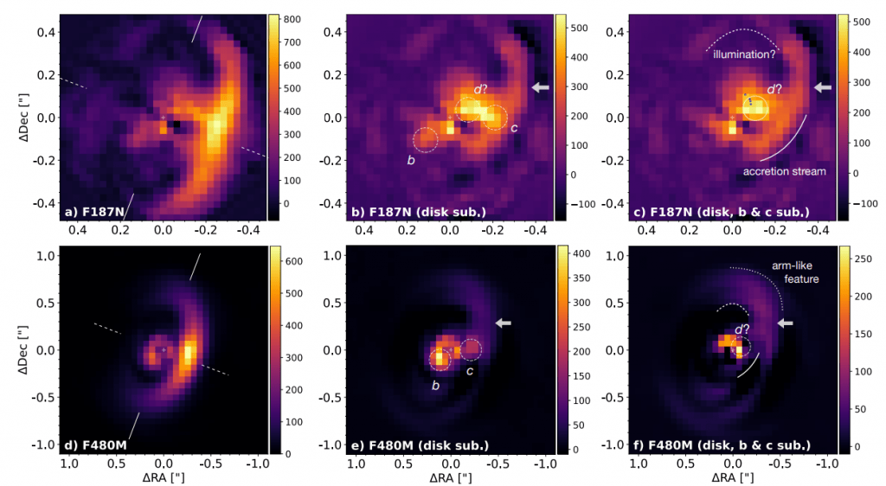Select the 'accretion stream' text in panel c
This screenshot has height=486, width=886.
784,171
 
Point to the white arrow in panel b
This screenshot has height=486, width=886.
540,87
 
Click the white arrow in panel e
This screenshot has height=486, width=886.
503,323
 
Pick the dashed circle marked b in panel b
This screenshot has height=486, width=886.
426,138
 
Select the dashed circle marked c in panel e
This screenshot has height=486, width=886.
471,349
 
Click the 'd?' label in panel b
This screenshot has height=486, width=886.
481,89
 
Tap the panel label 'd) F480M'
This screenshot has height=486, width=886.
97,445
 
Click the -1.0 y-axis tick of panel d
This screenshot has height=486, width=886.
40,444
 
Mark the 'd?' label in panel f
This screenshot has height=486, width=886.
742,329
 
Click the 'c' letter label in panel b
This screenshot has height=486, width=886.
514,129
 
